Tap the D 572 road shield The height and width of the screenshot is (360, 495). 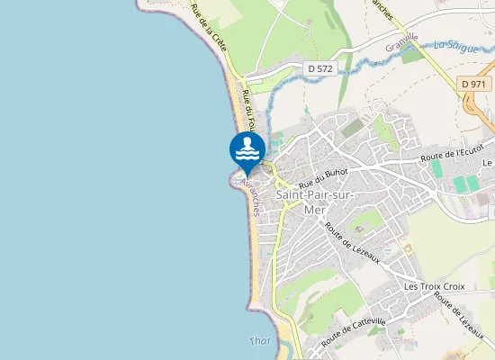point(319,67)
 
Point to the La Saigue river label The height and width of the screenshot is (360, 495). point(454,44)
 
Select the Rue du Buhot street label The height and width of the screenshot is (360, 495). point(323,168)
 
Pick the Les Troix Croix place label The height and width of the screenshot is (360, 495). point(434,286)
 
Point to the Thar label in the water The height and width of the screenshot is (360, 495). point(259,340)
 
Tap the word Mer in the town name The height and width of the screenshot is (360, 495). point(313,210)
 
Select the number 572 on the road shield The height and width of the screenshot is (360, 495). point(324,67)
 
